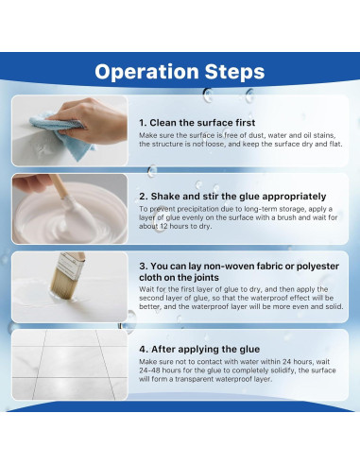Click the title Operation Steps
(180, 72)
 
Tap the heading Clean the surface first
(202, 123)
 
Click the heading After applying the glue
(205, 349)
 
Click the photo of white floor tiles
(70, 365)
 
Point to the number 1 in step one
(142, 123)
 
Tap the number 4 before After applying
(144, 349)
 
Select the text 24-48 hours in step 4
(155, 370)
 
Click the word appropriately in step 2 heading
(294, 197)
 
